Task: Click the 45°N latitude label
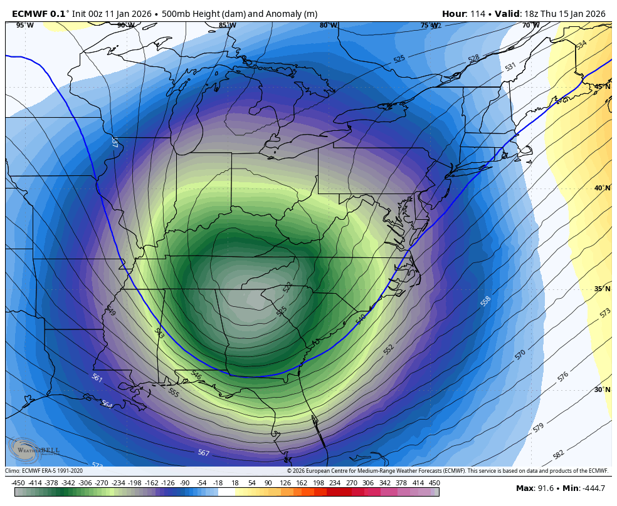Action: coord(602,87)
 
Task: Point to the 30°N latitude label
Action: coord(602,390)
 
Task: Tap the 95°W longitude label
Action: coord(24,26)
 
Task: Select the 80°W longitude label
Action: coord(328,26)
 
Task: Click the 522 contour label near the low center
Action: coord(287,287)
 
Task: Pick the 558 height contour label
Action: coord(485,301)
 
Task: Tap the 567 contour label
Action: coord(203,453)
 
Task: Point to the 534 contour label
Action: coord(581,45)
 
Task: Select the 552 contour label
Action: coord(389,349)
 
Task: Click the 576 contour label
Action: coord(562,376)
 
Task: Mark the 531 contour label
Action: coord(510,66)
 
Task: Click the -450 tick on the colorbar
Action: coord(18,483)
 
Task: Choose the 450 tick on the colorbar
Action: coord(434,483)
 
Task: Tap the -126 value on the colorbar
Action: coord(167,483)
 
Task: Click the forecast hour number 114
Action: coord(476,14)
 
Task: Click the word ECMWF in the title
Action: coord(29,14)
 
